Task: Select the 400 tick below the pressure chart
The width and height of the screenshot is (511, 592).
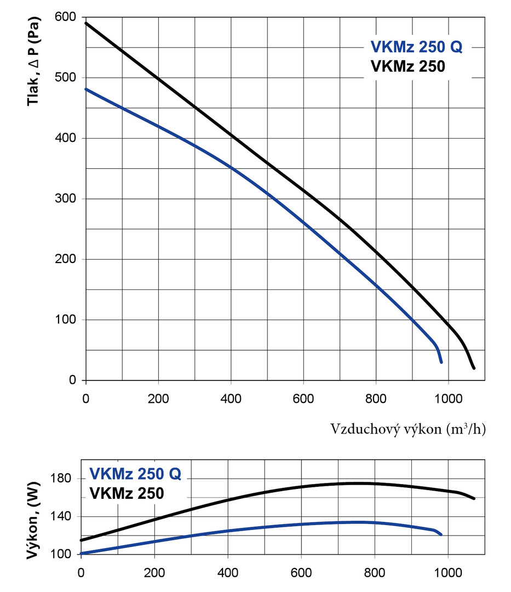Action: (231, 397)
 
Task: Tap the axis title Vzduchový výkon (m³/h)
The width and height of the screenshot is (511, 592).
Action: (407, 429)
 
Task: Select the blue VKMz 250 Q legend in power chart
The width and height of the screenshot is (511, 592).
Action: (134, 473)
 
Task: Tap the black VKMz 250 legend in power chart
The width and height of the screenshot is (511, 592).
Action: (127, 493)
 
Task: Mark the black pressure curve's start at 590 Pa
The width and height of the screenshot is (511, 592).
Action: (86, 23)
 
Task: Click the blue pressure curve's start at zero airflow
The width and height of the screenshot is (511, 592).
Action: (86, 89)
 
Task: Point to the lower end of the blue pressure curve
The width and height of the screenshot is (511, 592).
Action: (441, 362)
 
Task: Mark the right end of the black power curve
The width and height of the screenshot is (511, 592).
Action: (474, 499)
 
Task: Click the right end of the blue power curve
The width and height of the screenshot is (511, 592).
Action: (440, 534)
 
